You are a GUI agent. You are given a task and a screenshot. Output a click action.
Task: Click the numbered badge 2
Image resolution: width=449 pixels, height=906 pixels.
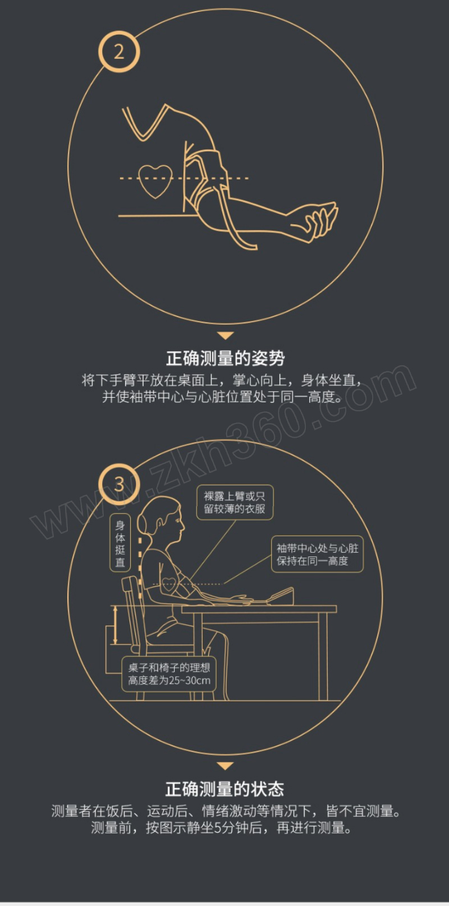click(x=119, y=52)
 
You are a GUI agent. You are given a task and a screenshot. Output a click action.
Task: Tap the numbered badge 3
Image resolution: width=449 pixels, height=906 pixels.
click(x=119, y=484)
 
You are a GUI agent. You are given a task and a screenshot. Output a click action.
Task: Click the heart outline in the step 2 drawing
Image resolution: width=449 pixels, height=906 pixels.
click(x=155, y=181)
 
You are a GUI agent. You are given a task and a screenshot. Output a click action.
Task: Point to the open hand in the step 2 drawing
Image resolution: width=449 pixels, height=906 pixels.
click(x=321, y=220)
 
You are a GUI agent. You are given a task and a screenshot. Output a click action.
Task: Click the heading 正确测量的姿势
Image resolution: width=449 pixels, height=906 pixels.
click(x=225, y=358)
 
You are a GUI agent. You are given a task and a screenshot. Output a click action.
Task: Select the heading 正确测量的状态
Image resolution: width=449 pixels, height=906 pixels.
click(x=225, y=789)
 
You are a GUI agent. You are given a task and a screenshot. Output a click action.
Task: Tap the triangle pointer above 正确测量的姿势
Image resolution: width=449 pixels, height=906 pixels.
click(x=225, y=335)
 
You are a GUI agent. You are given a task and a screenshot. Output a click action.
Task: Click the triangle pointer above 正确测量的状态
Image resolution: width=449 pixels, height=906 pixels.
click(x=225, y=766)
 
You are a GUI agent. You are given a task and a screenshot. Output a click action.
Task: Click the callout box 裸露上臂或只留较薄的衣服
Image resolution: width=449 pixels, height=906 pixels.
click(x=235, y=502)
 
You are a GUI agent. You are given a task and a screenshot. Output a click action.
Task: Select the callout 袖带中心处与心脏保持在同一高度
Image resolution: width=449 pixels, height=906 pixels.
click(x=317, y=554)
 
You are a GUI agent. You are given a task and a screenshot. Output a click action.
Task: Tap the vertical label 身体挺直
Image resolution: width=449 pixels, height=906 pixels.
click(x=120, y=543)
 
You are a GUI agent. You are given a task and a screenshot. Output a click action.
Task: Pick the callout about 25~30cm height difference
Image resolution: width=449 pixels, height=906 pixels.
click(x=169, y=674)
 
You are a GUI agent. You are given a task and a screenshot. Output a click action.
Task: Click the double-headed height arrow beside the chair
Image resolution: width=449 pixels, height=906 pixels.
click(x=115, y=625)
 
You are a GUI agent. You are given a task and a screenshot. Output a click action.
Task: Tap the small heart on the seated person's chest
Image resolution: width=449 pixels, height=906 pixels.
click(x=169, y=583)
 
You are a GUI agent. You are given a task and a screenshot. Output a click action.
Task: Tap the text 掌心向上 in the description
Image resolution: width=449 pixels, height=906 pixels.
click(x=259, y=380)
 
